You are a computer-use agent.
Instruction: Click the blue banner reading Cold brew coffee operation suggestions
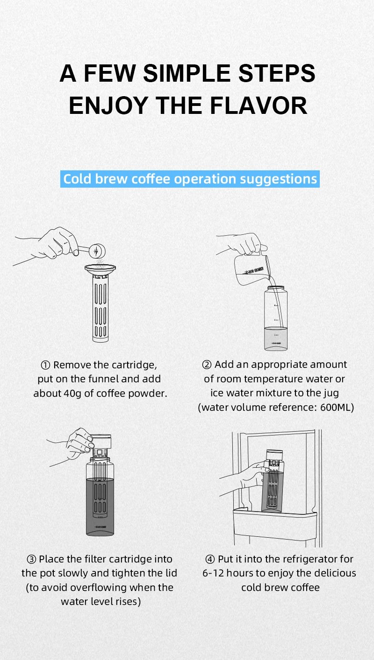(190, 179)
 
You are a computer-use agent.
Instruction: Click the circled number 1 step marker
(45, 365)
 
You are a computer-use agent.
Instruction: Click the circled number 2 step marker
(207, 365)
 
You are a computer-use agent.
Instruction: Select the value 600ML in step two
(337, 407)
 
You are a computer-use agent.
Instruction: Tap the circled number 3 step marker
(31, 559)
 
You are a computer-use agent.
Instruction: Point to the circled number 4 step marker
(209, 559)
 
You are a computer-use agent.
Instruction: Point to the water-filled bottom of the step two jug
(275, 338)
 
